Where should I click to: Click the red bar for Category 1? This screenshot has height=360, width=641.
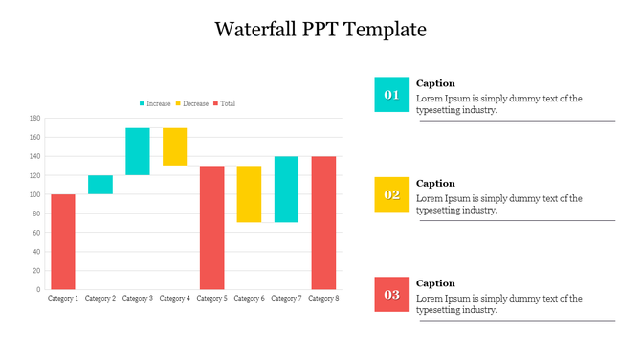62,241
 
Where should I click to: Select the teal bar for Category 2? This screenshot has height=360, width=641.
100,185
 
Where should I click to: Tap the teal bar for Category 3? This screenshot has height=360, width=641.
138,151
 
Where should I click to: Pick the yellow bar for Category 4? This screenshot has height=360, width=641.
174,146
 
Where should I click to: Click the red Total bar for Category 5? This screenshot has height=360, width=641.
211,227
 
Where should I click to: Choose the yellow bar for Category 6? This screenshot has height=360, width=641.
249,194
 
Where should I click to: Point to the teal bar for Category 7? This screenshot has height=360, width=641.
286,190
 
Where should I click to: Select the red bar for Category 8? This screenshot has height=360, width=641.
323,222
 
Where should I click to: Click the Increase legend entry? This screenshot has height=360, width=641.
154,103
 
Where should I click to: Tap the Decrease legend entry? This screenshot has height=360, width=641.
191,103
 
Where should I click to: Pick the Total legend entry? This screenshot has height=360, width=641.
224,103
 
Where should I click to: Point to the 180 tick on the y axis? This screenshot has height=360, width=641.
34,119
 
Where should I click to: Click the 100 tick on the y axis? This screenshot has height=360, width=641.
34,194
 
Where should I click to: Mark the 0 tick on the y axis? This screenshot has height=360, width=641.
37,289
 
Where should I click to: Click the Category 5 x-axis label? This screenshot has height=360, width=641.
211,299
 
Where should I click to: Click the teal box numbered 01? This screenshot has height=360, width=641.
391,95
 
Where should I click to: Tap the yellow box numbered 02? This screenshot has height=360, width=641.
391,194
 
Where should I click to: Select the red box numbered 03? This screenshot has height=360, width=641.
391,294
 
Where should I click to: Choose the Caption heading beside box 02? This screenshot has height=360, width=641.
435,183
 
